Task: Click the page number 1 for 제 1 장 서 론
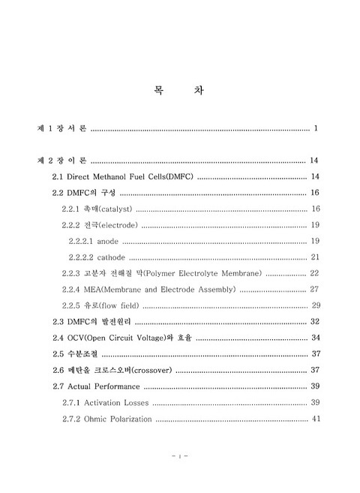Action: (x=317, y=129)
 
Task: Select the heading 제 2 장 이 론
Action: (x=63, y=161)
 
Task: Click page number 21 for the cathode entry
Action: (x=315, y=257)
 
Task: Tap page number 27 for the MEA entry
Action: (x=315, y=289)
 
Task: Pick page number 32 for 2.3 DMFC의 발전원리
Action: (x=315, y=321)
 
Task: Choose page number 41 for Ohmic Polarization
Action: (x=316, y=419)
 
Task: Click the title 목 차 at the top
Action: (x=179, y=91)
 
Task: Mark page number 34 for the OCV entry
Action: (x=316, y=338)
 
